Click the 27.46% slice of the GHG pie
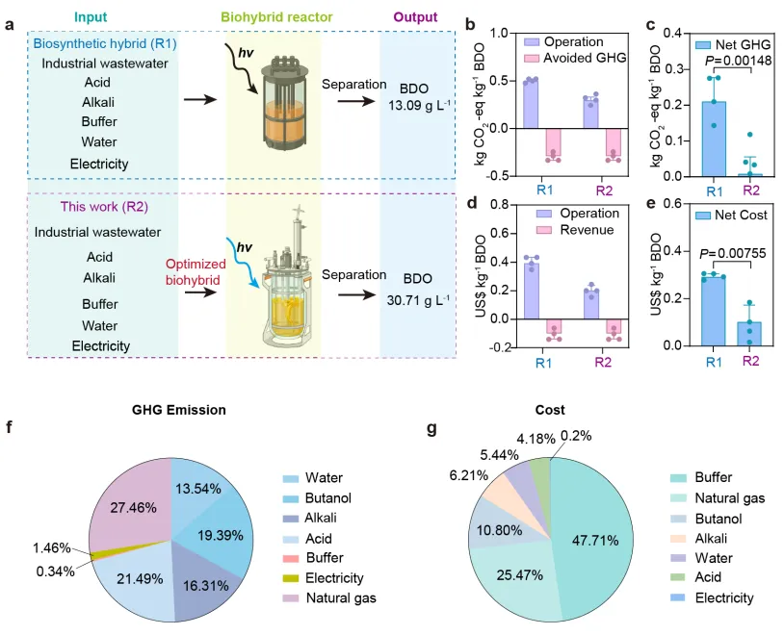pos(122,497)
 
